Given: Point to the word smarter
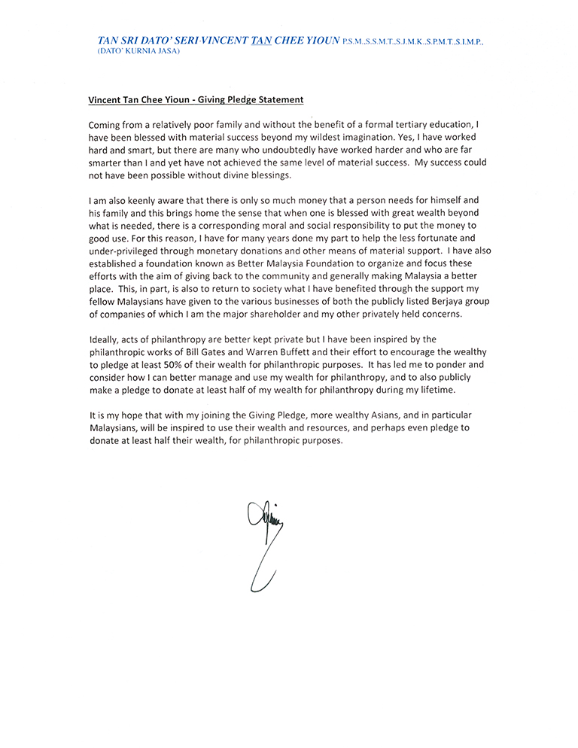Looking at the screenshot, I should click(107, 162).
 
